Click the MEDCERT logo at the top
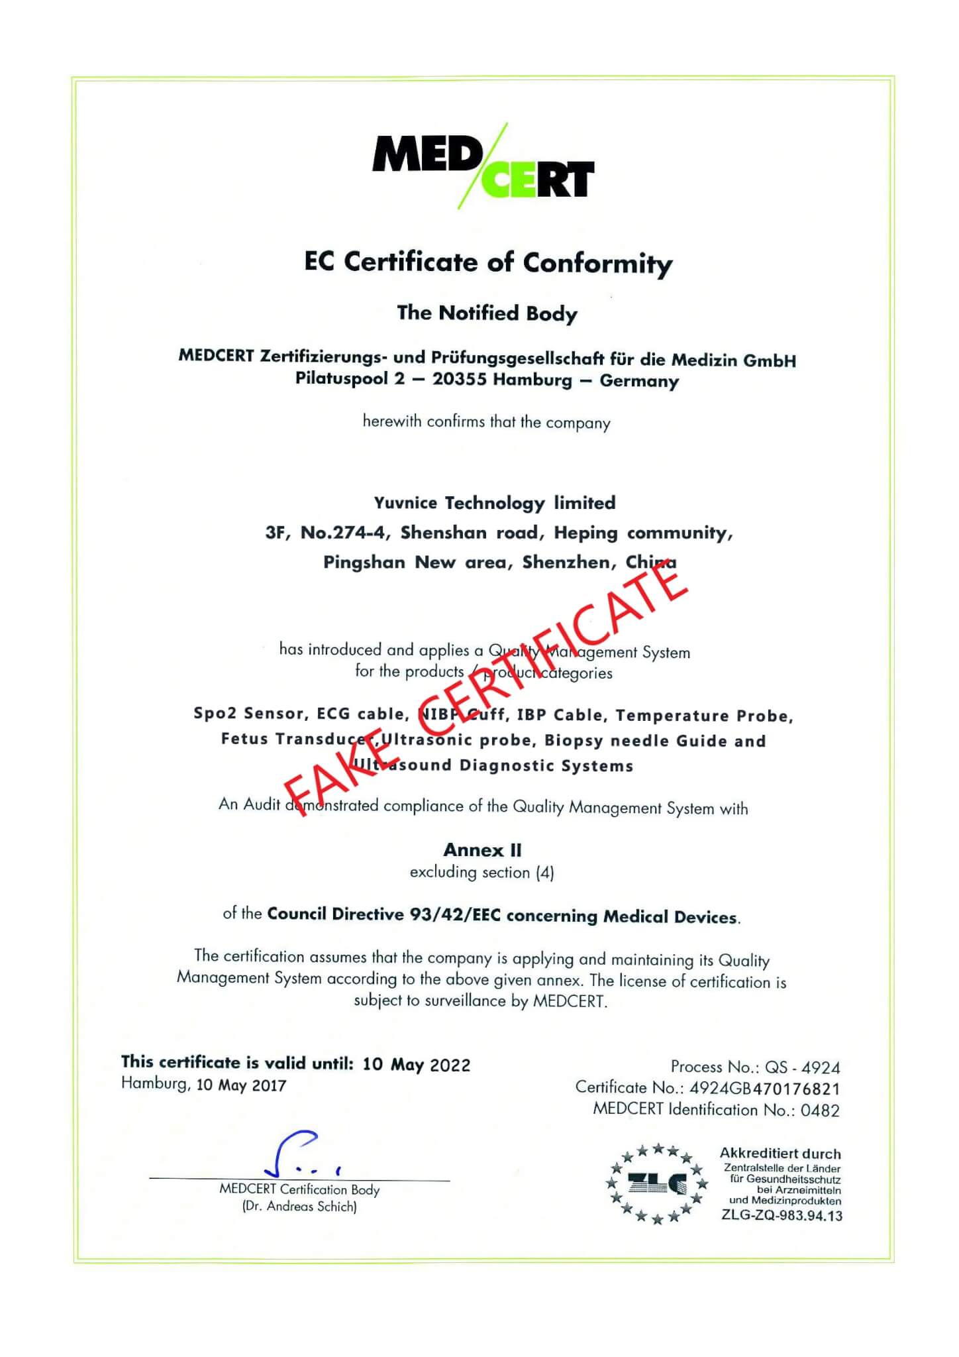click(483, 166)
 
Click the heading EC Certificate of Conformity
click(488, 262)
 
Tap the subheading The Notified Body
click(487, 313)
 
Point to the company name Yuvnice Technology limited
click(495, 503)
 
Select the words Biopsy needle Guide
click(634, 740)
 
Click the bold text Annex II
click(482, 849)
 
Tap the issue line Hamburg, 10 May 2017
click(203, 1085)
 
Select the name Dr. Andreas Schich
click(299, 1207)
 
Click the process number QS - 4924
click(802, 1067)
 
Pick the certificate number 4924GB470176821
click(764, 1088)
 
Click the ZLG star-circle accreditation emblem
click(657, 1183)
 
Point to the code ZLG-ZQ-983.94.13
click(782, 1215)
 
